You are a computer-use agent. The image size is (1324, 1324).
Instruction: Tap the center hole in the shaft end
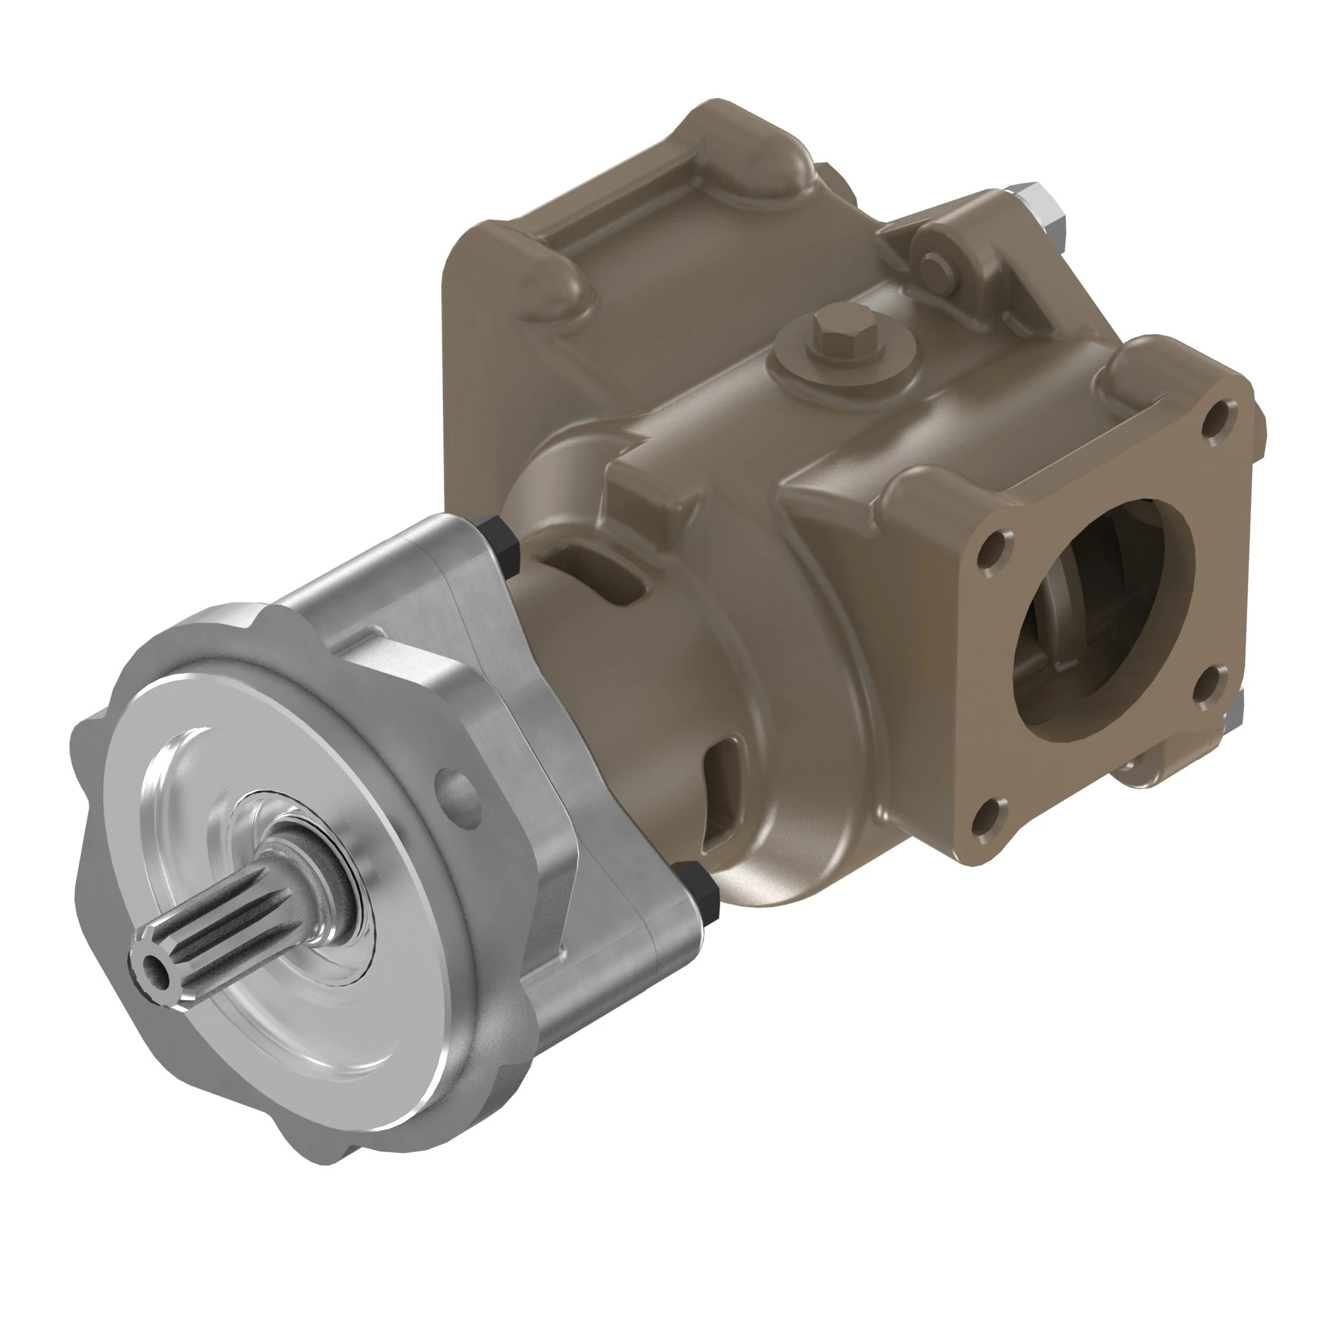(x=156, y=970)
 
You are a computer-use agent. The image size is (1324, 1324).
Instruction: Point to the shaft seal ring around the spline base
(x=336, y=884)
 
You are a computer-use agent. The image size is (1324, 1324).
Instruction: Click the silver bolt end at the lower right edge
(x=1234, y=714)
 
